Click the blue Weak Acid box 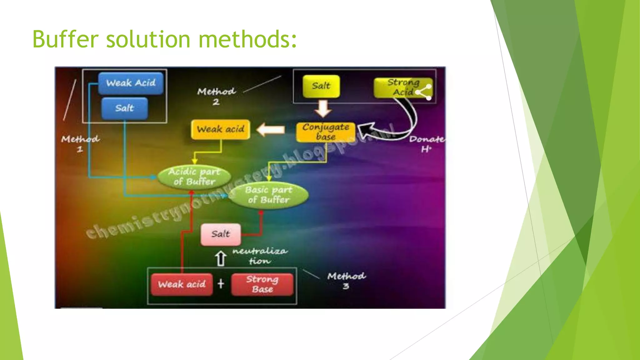tap(131, 83)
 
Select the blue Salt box tap(124, 108)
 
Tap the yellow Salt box tap(321, 86)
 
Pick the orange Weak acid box tap(220, 129)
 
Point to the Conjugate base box tap(326, 132)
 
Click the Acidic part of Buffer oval tap(194, 177)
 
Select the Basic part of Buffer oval tap(269, 195)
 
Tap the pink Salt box tap(221, 234)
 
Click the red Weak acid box tap(182, 284)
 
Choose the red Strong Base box tap(262, 284)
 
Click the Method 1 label tap(80, 144)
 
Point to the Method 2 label tap(216, 96)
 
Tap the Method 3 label tap(346, 281)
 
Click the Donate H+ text tap(427, 144)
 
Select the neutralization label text tap(260, 256)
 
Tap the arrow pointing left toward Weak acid tap(271, 129)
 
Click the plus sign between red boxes tap(221, 284)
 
